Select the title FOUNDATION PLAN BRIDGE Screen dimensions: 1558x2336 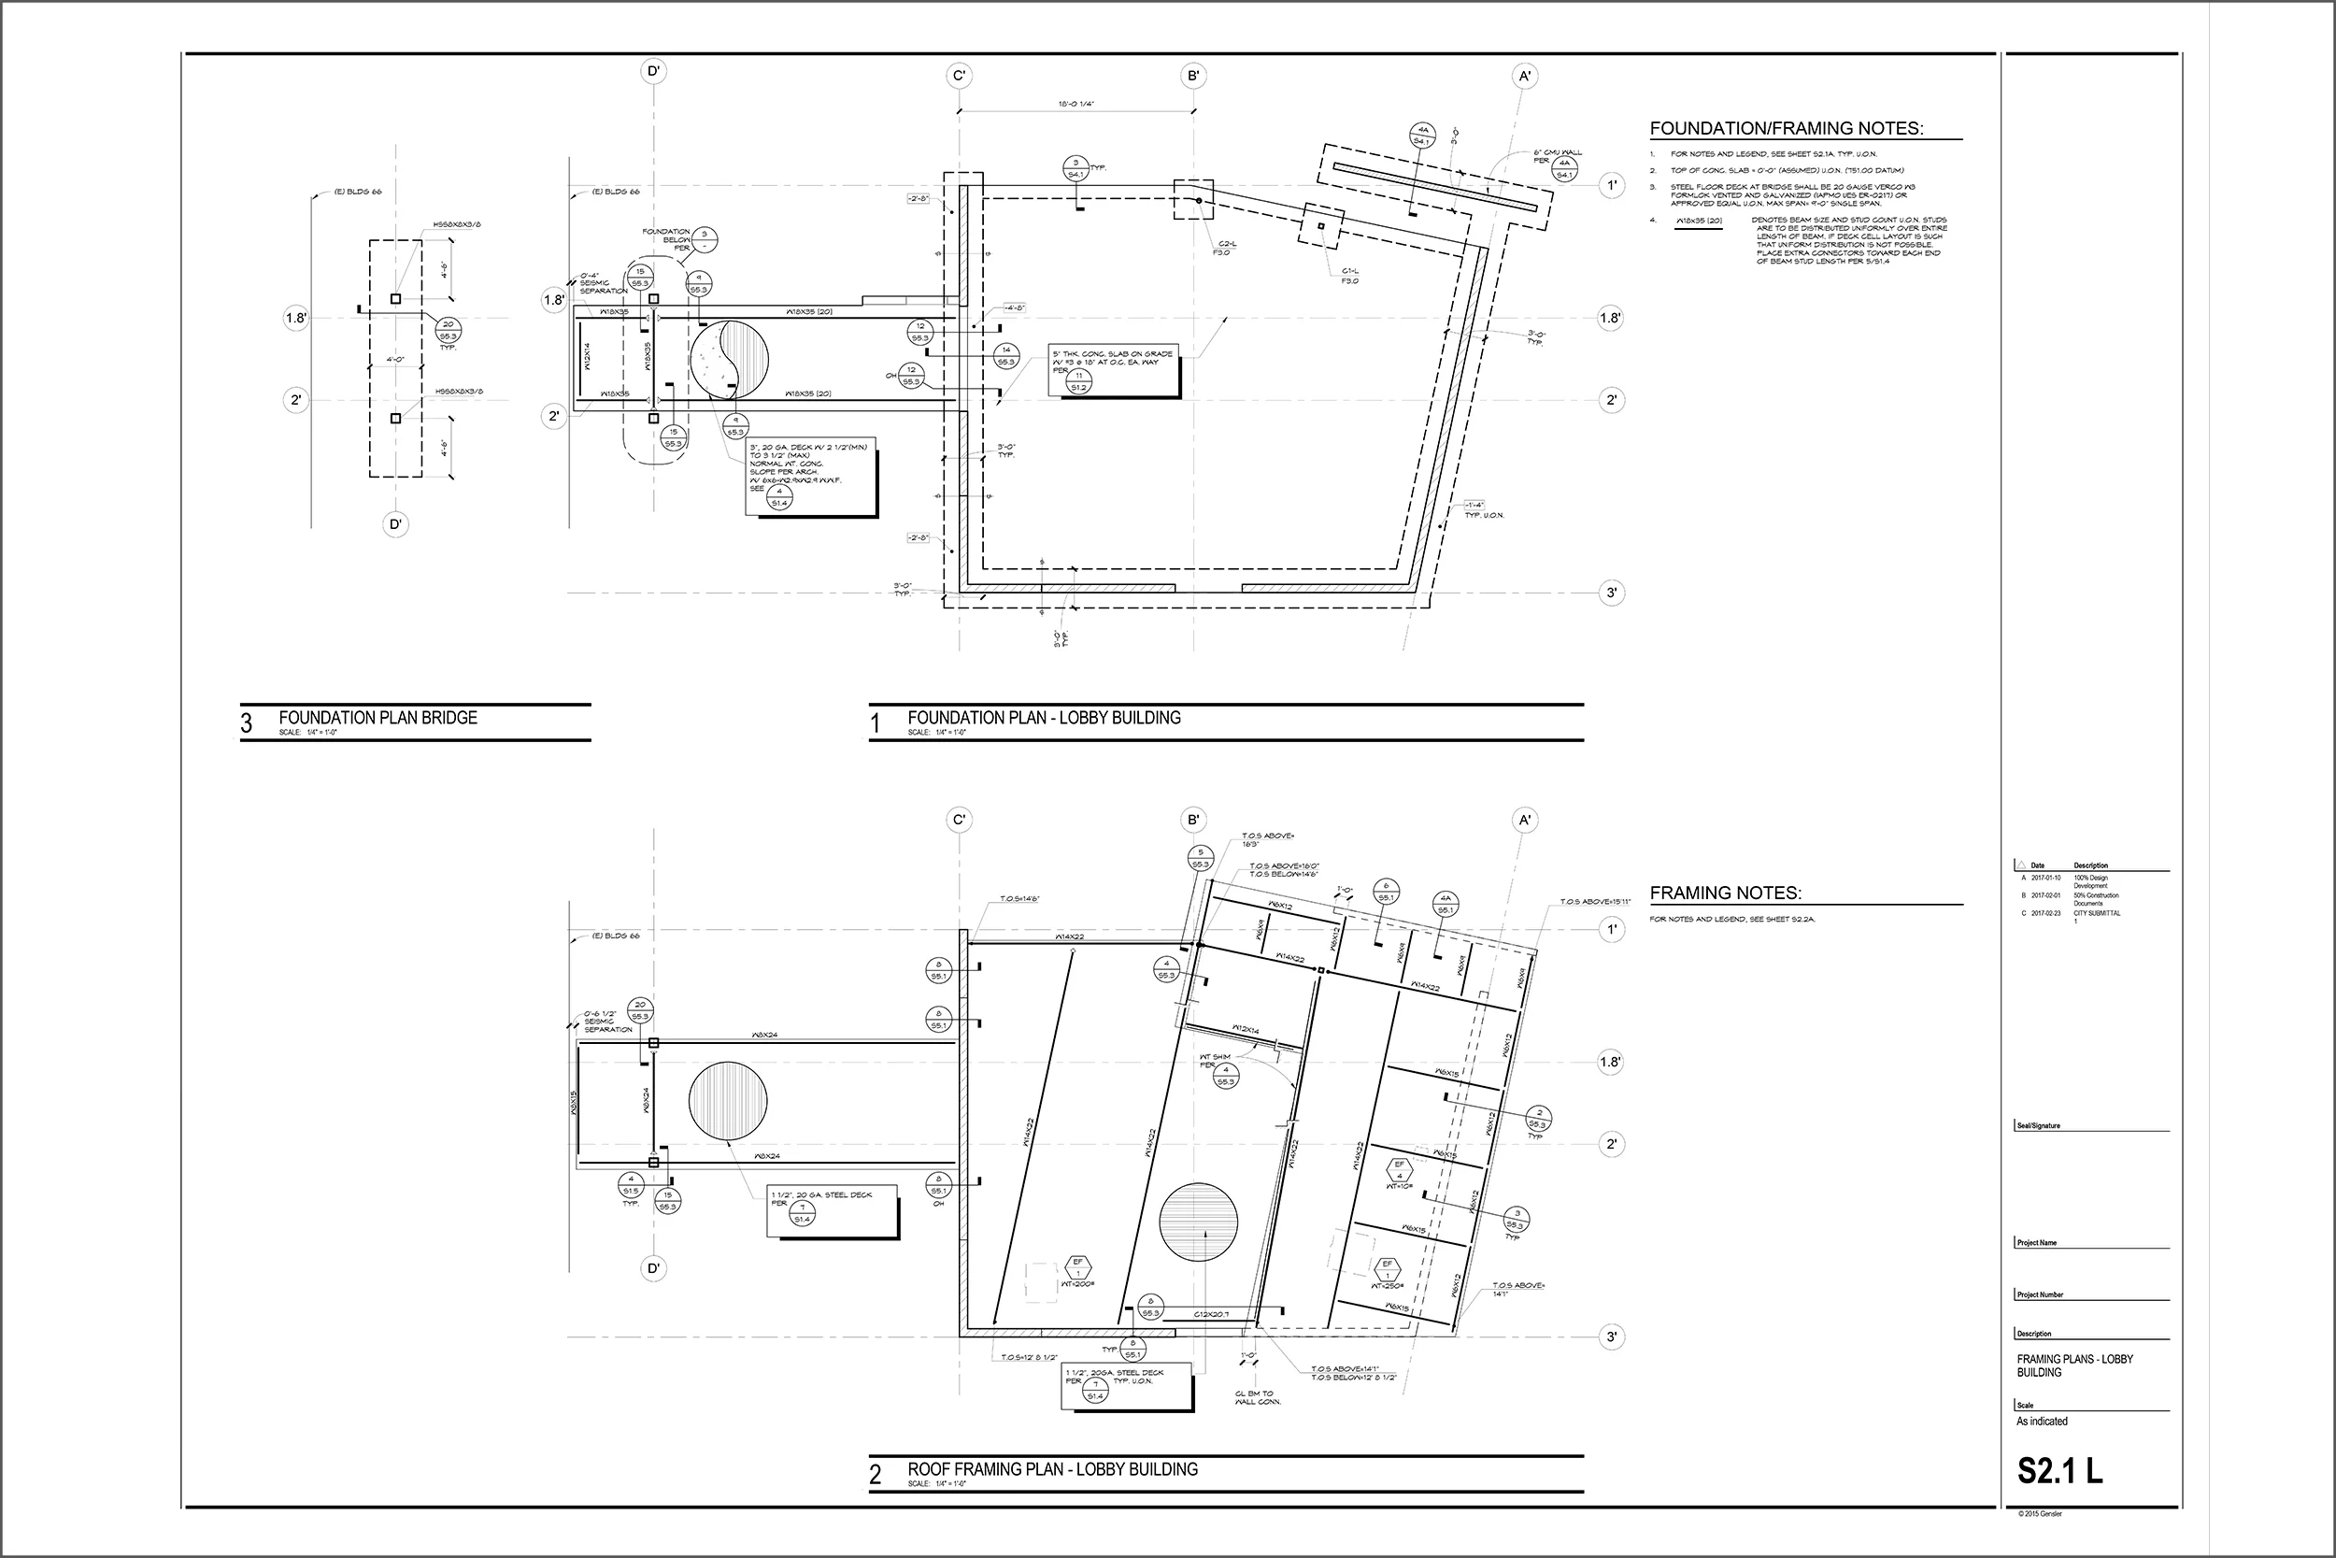377,718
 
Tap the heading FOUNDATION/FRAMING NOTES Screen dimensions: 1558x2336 1786,128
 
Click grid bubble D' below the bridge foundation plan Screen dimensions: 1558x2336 395,524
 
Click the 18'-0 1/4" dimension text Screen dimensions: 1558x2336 1075,104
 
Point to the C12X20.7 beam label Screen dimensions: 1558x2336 1211,1315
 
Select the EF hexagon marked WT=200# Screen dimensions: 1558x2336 1077,1268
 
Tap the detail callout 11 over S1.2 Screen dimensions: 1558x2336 1078,381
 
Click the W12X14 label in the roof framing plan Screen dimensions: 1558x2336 1246,1029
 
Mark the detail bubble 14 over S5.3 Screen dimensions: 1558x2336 1006,355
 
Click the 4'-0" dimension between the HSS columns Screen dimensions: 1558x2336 394,360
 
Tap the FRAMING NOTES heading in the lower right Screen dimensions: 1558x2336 1725,893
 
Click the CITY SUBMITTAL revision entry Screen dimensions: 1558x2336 2096,915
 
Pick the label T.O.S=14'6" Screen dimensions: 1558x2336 1020,899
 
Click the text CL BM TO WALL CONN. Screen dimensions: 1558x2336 1256,1397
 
